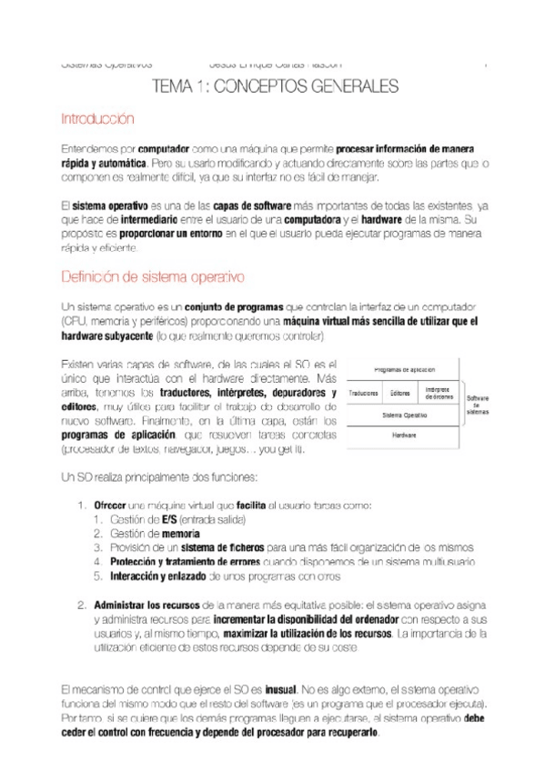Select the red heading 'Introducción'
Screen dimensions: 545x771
point(96,119)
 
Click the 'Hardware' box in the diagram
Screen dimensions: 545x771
point(403,435)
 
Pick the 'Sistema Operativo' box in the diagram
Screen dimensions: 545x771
point(403,414)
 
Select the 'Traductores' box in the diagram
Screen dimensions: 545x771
point(364,393)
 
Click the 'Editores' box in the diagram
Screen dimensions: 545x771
point(399,393)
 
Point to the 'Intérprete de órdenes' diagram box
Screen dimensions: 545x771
point(439,393)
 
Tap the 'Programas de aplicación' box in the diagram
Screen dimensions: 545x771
point(403,370)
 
